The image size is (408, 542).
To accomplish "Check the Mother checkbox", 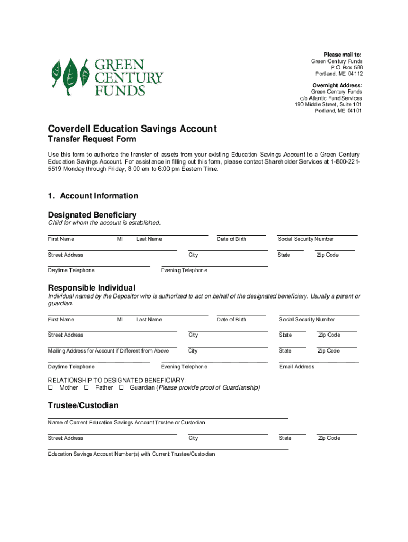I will click(x=51, y=387).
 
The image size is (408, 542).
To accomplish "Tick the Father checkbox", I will click(x=86, y=387).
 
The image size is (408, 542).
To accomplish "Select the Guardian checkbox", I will click(x=121, y=387).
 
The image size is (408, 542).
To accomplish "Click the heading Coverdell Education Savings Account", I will click(x=132, y=129).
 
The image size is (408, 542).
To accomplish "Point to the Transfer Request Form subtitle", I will click(x=92, y=140).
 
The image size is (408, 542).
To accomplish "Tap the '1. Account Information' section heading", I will click(x=93, y=196).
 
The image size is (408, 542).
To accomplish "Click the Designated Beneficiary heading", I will click(x=92, y=215).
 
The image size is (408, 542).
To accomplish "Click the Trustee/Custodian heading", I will click(x=83, y=405).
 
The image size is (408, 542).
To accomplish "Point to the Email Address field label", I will click(x=296, y=367).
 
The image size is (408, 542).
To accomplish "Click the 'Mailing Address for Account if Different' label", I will click(x=108, y=351).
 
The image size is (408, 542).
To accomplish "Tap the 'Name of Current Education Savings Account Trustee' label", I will click(x=126, y=423).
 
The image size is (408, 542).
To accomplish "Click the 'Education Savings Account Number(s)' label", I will click(x=131, y=454).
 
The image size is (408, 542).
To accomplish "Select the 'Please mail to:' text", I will click(x=343, y=55).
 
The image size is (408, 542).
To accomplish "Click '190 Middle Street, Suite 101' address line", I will click(x=328, y=104).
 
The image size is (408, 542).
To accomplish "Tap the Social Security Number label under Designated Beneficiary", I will click(x=305, y=239).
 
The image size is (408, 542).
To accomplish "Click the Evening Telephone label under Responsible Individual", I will click(x=184, y=367).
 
